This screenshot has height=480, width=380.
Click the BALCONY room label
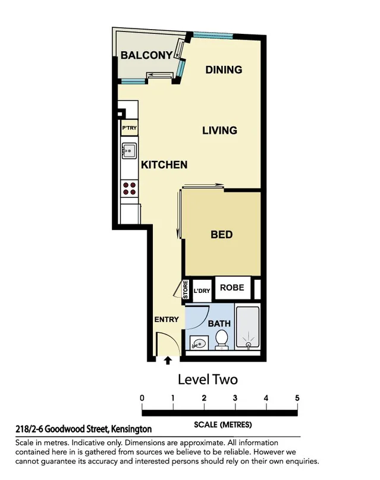[x=146, y=55]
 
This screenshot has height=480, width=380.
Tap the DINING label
[x=224, y=70]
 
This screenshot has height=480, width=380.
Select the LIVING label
[x=219, y=130]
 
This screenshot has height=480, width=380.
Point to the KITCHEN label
[x=164, y=165]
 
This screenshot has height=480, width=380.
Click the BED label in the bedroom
[x=221, y=235]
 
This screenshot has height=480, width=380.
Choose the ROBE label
[x=232, y=288]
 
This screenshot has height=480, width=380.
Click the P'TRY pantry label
[x=129, y=128]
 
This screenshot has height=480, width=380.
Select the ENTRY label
[x=167, y=319]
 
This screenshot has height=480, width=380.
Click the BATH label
[x=219, y=324]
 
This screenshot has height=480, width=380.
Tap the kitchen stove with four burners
[x=129, y=188]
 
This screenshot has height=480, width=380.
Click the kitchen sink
[x=128, y=151]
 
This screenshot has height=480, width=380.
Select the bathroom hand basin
[x=199, y=343]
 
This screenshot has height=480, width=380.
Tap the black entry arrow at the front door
[x=168, y=359]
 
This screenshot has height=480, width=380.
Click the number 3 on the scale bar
[x=235, y=397]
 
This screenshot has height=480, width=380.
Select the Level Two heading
[x=208, y=379]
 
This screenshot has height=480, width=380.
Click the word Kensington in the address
[x=130, y=428]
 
